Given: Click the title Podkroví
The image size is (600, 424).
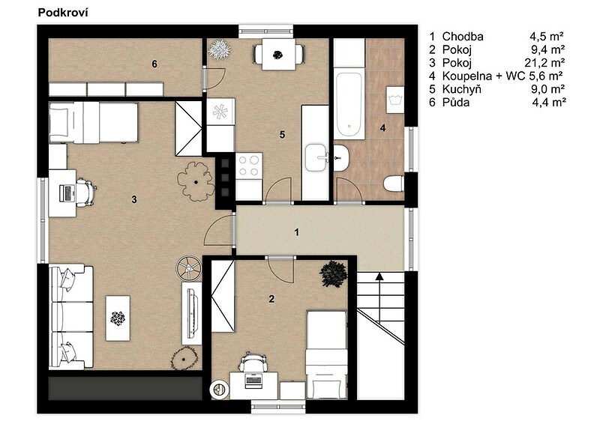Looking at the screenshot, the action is [63, 13].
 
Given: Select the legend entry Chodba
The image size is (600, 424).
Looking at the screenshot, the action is [463, 36].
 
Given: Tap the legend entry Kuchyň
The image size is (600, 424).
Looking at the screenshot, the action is [461, 89].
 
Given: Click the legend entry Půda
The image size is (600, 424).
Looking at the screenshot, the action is [456, 102].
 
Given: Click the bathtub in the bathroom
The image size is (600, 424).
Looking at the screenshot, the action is [349, 104].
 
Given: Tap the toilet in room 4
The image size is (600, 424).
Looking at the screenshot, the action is [394, 183].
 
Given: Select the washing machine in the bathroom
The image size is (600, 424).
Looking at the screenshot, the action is [395, 100].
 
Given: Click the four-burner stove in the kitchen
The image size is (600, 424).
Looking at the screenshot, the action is [249, 166].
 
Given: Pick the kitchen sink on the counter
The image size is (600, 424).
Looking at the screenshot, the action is [317, 157].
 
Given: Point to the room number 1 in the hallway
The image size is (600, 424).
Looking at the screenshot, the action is [296, 232].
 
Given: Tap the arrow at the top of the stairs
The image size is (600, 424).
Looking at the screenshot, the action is [379, 277].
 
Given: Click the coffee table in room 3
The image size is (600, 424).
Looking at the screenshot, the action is [118, 318].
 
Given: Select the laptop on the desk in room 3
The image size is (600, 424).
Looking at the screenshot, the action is [67, 193].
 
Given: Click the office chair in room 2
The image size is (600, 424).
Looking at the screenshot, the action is [252, 362].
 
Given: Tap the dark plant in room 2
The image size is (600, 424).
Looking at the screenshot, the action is [333, 274].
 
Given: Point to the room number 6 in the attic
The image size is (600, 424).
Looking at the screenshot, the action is [154, 64].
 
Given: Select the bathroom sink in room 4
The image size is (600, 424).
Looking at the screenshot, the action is [341, 158].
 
